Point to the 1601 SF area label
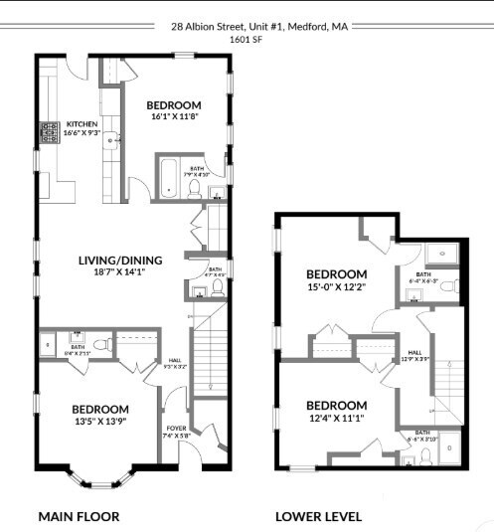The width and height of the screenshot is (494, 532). click(x=247, y=40)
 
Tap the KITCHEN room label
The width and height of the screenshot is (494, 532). click(x=82, y=124)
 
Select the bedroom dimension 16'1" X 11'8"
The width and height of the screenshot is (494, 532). click(x=174, y=117)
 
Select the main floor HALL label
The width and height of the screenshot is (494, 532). click(x=174, y=360)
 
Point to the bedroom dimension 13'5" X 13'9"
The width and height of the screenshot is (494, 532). click(x=99, y=422)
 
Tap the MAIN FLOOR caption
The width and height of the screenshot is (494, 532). click(x=79, y=517)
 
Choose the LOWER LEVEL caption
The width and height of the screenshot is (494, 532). click(x=318, y=517)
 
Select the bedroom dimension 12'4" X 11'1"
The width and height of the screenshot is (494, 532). click(x=336, y=418)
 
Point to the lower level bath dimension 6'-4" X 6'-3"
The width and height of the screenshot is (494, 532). click(x=423, y=281)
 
